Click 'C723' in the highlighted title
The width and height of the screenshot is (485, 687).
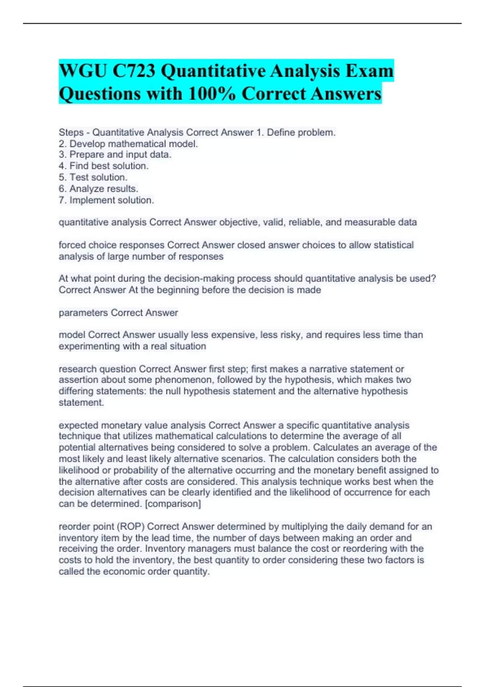coord(134,71)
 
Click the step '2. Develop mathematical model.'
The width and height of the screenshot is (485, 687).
coord(128,144)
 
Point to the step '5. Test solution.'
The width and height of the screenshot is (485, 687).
coord(93,177)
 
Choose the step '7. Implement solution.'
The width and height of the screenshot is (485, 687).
coord(106,200)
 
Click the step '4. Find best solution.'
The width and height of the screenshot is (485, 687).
coord(103,166)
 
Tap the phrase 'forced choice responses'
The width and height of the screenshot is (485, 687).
coord(112,245)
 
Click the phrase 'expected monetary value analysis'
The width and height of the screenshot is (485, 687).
coord(132,425)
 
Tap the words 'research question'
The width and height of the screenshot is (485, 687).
coord(97,369)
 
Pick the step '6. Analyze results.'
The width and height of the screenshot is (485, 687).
coord(98,189)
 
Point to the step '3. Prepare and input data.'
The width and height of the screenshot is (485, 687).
coord(115,155)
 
